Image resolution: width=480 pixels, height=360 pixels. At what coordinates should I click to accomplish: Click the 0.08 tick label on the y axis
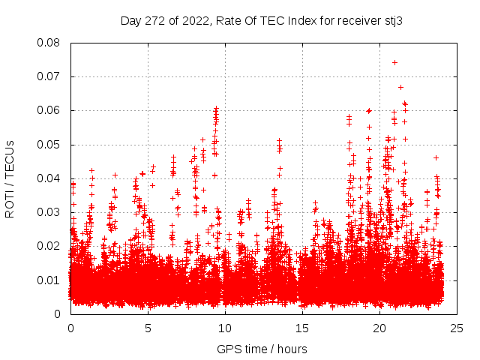click(x=49, y=43)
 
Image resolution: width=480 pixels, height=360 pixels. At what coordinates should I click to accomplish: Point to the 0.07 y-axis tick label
click(x=49, y=76)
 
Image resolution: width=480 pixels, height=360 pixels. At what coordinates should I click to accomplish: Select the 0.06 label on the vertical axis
click(x=49, y=110)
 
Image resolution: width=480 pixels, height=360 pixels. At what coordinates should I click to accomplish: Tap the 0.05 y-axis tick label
click(x=49, y=144)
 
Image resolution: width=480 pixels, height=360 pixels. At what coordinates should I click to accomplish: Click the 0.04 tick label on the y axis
click(x=49, y=178)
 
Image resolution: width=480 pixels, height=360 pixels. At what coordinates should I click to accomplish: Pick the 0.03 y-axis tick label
click(x=49, y=212)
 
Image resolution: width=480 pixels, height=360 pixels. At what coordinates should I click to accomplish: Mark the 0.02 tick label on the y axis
click(x=49, y=246)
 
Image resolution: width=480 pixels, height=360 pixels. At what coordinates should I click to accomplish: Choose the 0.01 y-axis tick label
click(x=49, y=280)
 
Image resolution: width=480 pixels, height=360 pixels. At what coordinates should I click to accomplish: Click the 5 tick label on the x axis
click(x=148, y=328)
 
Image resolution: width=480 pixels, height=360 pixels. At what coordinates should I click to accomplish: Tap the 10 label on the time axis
click(x=225, y=328)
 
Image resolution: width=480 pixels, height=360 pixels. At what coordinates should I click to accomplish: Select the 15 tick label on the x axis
click(x=302, y=328)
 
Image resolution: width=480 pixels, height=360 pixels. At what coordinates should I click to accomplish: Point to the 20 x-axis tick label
click(x=379, y=328)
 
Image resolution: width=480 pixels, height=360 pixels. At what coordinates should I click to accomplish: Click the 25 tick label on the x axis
click(x=457, y=328)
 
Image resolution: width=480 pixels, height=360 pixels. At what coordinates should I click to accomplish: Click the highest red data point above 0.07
click(x=394, y=62)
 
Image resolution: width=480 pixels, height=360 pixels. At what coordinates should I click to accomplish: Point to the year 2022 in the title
click(x=193, y=21)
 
